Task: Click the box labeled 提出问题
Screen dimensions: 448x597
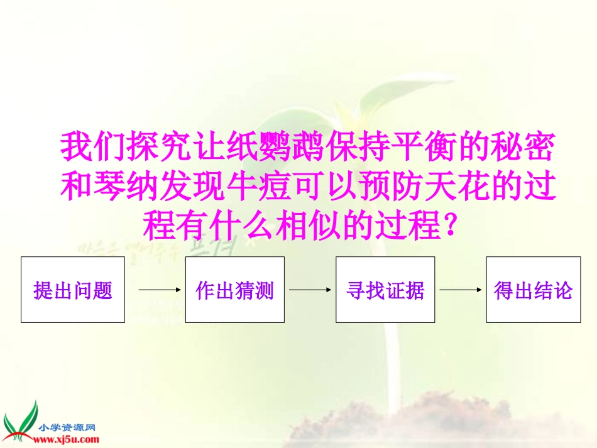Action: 73,290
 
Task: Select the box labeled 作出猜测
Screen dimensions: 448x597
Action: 234,290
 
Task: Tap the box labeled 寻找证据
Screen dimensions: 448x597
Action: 385,290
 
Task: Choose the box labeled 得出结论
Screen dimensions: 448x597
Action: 534,290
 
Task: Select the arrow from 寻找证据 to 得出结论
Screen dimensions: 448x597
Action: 461,290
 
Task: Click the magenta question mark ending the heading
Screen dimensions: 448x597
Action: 448,225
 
